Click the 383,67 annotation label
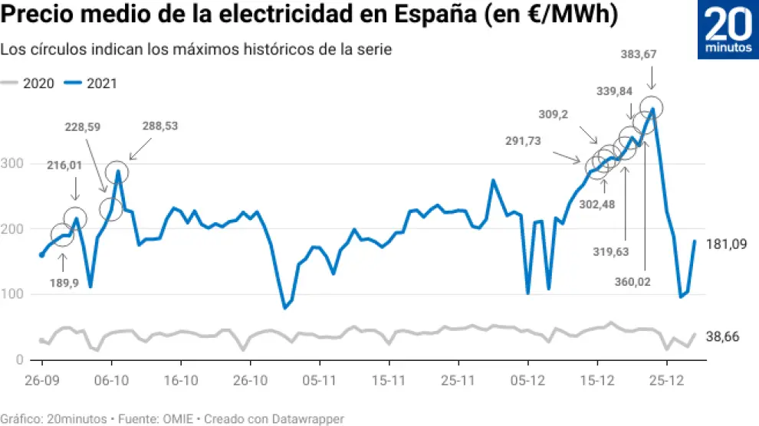(639, 54)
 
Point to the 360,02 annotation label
(632, 282)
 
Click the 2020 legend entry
(28, 84)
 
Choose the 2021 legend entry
(92, 84)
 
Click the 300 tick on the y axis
(13, 164)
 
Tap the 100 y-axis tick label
(13, 294)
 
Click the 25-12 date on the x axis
(669, 380)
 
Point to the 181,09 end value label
(726, 244)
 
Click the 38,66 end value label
(721, 336)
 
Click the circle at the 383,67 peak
(652, 107)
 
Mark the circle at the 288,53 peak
(117, 171)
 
